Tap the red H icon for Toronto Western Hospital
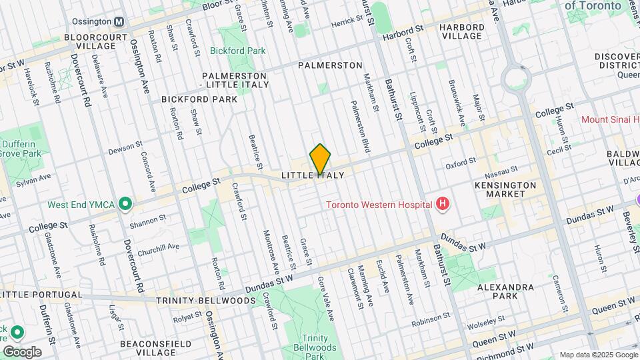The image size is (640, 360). [441, 204]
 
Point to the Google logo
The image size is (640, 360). [21, 351]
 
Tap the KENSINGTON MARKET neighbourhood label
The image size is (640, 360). [505, 189]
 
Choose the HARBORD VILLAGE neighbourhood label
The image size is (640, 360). [471, 32]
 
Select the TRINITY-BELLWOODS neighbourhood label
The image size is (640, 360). [206, 301]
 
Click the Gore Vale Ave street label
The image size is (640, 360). [326, 293]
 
